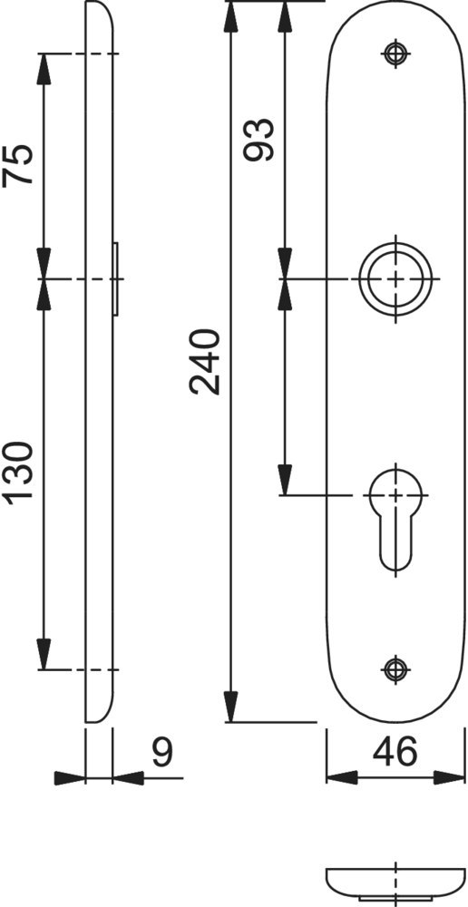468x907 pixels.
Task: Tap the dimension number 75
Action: coord(20,164)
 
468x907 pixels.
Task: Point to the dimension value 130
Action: coord(20,472)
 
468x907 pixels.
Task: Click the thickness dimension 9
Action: coord(162,752)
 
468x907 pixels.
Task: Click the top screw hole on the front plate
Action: coord(395,53)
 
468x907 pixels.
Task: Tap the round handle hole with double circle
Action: coord(395,278)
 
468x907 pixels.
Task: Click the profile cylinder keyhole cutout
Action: coord(395,517)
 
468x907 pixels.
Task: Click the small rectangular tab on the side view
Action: coord(116,278)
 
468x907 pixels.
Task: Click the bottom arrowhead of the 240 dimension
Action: coord(232,707)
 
